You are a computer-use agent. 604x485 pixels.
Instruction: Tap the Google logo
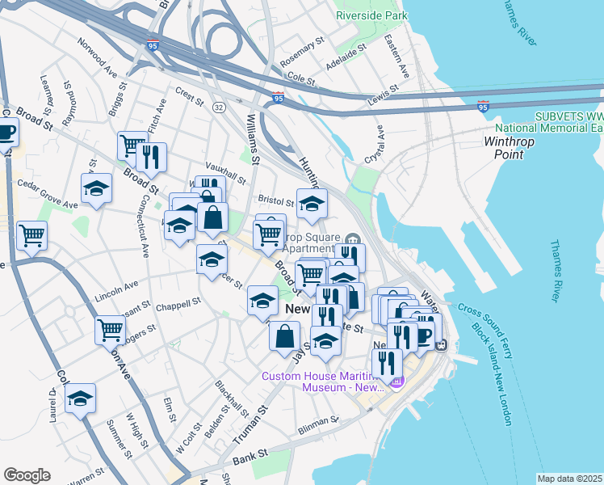click(27, 475)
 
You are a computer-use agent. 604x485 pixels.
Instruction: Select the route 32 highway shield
click(219, 107)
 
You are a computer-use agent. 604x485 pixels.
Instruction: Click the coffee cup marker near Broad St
click(5, 131)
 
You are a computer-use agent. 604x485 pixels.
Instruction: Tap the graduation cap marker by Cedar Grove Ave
click(96, 188)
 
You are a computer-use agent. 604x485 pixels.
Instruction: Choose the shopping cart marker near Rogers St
click(110, 328)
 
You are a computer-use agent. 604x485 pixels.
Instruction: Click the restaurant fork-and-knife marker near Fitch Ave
click(150, 156)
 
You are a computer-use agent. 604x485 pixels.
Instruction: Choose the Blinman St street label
click(317, 421)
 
